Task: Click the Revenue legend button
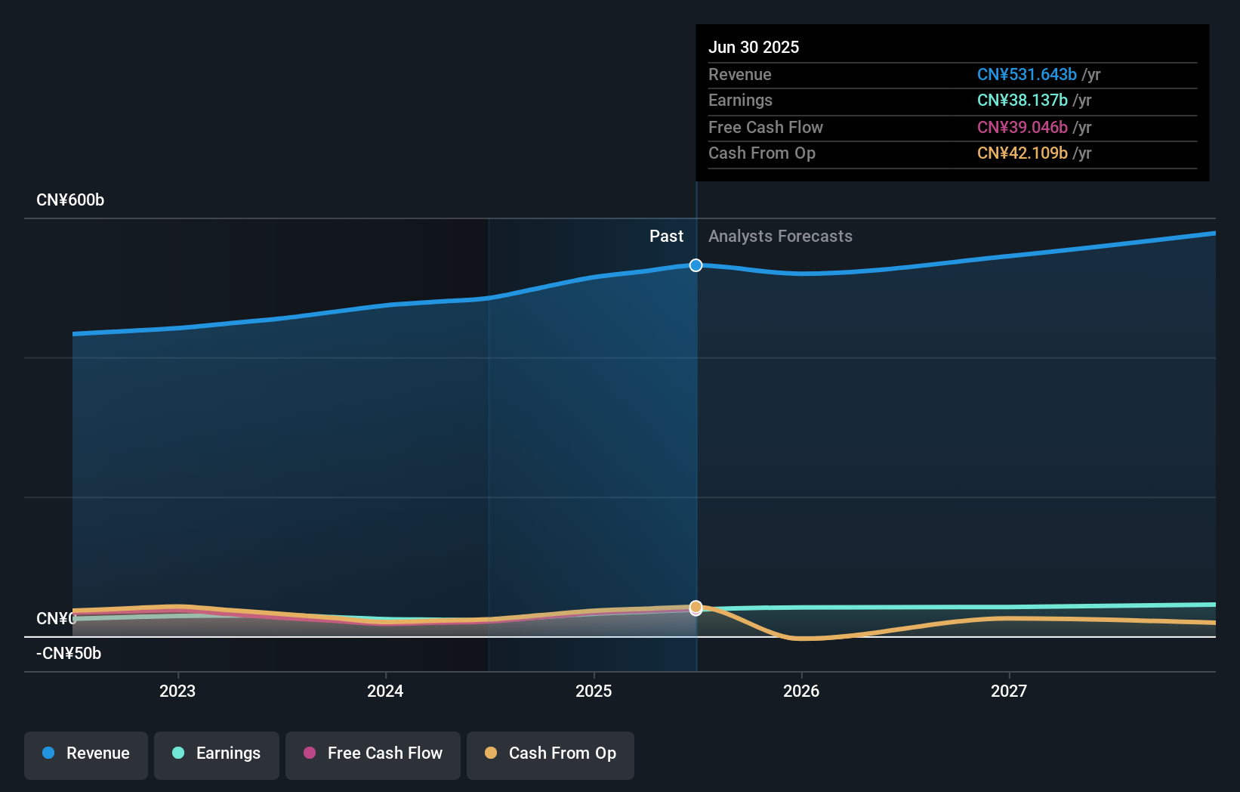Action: pyautogui.click(x=86, y=754)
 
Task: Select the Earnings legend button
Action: pyautogui.click(x=217, y=754)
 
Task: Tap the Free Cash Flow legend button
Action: pyautogui.click(x=373, y=754)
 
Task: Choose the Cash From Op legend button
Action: pyautogui.click(x=551, y=754)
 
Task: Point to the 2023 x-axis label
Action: pyautogui.click(x=177, y=691)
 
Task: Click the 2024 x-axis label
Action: pyautogui.click(x=385, y=691)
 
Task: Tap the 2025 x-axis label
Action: pyautogui.click(x=594, y=691)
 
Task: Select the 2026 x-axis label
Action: pyautogui.click(x=801, y=691)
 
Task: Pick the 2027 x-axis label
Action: pyautogui.click(x=1009, y=691)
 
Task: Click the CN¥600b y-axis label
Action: pyautogui.click(x=70, y=200)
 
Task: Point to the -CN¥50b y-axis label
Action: pyautogui.click(x=69, y=654)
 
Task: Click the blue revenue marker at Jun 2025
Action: pyautogui.click(x=696, y=265)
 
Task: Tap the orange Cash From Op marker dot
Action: pyautogui.click(x=696, y=607)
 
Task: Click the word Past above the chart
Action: pyautogui.click(x=666, y=237)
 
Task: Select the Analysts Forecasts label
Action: pyautogui.click(x=780, y=237)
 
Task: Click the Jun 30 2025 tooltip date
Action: pyautogui.click(x=754, y=48)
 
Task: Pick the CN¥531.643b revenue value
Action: pyautogui.click(x=1027, y=75)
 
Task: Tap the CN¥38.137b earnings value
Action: pyautogui.click(x=1023, y=101)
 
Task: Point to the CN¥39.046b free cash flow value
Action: pyautogui.click(x=1023, y=128)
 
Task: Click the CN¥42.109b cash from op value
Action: pyautogui.click(x=1023, y=153)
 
